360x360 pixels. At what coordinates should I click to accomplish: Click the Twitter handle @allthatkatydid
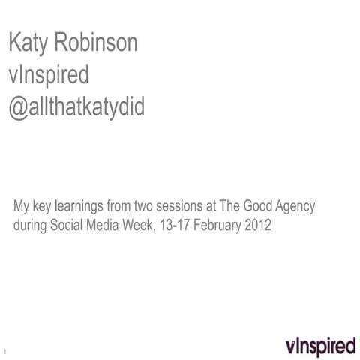pos(76,108)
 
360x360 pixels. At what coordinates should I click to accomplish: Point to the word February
pos(217,224)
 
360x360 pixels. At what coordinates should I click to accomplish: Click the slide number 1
pos(5,352)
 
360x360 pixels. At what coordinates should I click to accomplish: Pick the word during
pos(31,224)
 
